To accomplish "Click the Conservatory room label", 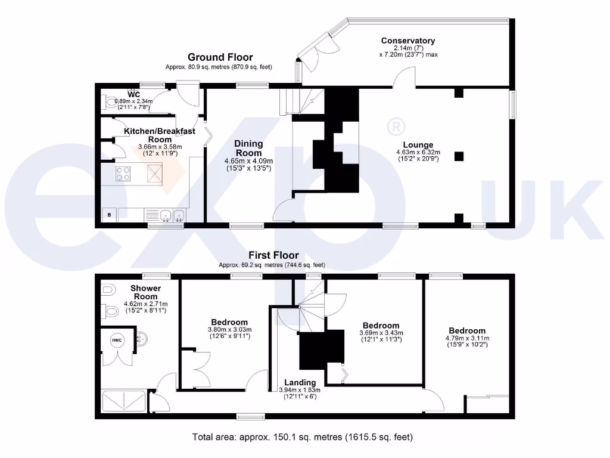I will [x=408, y=41].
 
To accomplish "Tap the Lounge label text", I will [x=418, y=145].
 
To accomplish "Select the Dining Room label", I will [x=248, y=148].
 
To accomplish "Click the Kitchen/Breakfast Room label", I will [x=151, y=135].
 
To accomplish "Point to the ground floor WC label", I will [x=134, y=95].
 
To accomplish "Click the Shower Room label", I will [x=146, y=292].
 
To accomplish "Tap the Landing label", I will [x=300, y=382].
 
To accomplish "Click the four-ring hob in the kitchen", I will [x=123, y=174].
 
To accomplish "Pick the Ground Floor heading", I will [x=220, y=57].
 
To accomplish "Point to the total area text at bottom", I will [x=302, y=437].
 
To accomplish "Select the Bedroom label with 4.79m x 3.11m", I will [x=467, y=331].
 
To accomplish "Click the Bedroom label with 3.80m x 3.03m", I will [x=229, y=322].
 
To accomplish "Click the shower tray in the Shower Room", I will [x=124, y=401].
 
